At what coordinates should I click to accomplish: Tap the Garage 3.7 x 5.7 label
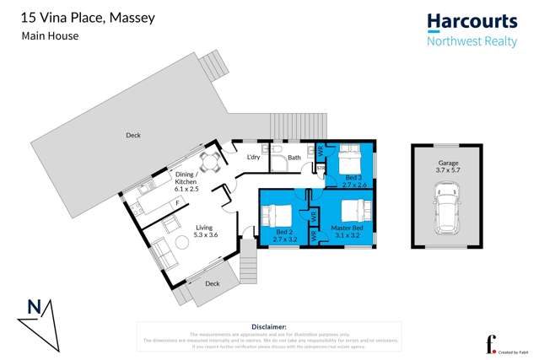(446, 169)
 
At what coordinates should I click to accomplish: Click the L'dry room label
(253, 158)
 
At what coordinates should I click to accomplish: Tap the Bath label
(294, 158)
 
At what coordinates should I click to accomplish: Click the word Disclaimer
(269, 326)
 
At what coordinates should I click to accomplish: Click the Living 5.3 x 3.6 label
(205, 230)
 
